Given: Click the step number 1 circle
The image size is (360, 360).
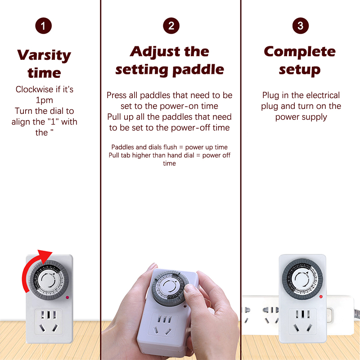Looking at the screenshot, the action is coord(43,26).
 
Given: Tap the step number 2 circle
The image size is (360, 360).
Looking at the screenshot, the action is coord(171,26).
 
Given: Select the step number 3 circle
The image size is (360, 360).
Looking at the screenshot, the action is coord(301,26).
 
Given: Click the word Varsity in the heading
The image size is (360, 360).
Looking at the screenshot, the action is coord(44,55).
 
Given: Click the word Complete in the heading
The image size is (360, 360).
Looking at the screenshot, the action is coord(300,52).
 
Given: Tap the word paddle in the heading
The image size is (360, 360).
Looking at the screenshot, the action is coord(198,70).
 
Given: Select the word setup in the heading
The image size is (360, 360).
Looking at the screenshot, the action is coord(300,70).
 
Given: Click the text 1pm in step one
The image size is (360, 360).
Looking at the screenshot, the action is coord(44,100).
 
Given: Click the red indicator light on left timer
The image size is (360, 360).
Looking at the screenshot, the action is coord(67,297).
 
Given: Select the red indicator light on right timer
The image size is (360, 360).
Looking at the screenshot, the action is coord(321,297).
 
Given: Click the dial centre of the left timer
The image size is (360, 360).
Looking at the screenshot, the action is coord(49,280).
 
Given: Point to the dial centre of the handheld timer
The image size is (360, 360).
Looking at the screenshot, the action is coord(170,287).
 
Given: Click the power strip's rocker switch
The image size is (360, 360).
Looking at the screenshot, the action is coord(329,315).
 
